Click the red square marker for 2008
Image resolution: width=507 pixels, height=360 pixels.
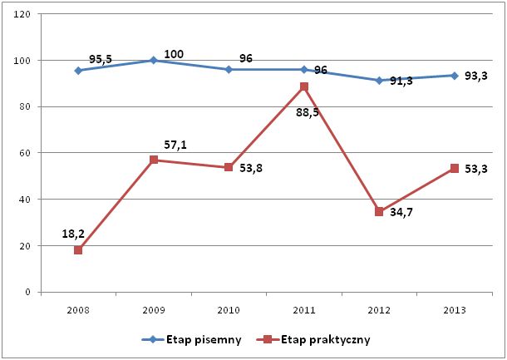(x=78, y=249)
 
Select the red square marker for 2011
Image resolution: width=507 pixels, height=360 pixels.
(x=304, y=86)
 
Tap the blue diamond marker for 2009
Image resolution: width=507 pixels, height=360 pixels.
(x=154, y=60)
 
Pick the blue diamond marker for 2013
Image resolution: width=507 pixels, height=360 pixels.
(x=455, y=76)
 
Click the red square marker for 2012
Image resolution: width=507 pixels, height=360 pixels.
(x=379, y=211)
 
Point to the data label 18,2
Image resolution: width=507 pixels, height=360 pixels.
(x=74, y=234)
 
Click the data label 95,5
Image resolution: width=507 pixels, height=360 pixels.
(x=101, y=60)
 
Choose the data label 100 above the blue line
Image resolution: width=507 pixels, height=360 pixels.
(x=174, y=55)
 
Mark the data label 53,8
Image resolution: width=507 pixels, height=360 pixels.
(x=250, y=178)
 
